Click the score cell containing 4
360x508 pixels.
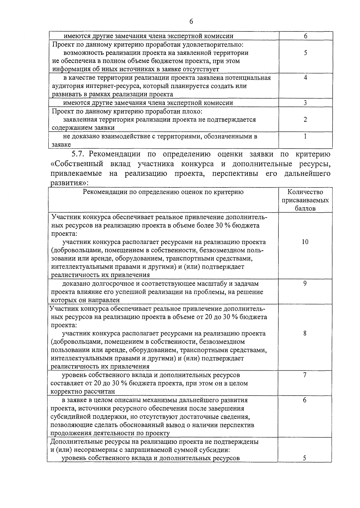pyautogui.click(x=305, y=78)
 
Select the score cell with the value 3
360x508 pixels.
pyautogui.click(x=305, y=103)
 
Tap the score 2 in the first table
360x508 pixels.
pyautogui.click(x=305, y=119)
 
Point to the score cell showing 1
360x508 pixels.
pyautogui.click(x=305, y=136)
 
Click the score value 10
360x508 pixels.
pyautogui.click(x=305, y=242)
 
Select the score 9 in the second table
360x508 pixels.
pyautogui.click(x=305, y=283)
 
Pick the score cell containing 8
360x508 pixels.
pyautogui.click(x=305, y=333)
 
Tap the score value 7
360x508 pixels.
pyautogui.click(x=305, y=375)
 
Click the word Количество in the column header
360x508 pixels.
pyautogui.click(x=305, y=192)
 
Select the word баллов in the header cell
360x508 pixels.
pyautogui.click(x=305, y=208)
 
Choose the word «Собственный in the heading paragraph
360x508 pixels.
pyautogui.click(x=77, y=164)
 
